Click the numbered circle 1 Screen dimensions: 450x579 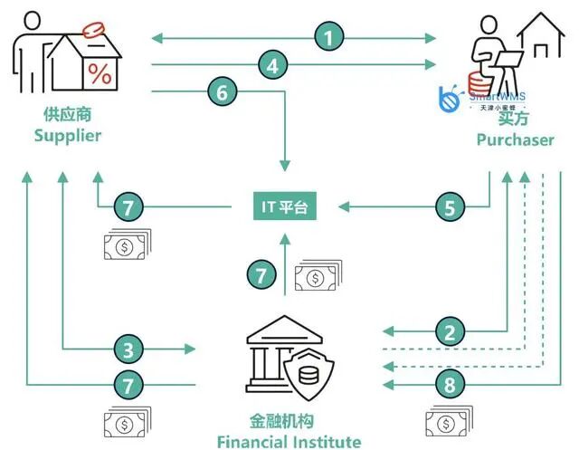[330, 37]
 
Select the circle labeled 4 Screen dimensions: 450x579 [271, 64]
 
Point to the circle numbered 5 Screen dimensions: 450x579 [449, 207]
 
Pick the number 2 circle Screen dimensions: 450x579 [449, 331]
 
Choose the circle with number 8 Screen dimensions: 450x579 [449, 385]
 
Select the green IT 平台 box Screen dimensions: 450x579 [285, 207]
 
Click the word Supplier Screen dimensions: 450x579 [67, 136]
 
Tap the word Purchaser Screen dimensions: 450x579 [516, 139]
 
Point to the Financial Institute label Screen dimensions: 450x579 [289, 442]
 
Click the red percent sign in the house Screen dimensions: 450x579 [100, 74]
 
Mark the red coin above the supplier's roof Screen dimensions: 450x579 [94, 29]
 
